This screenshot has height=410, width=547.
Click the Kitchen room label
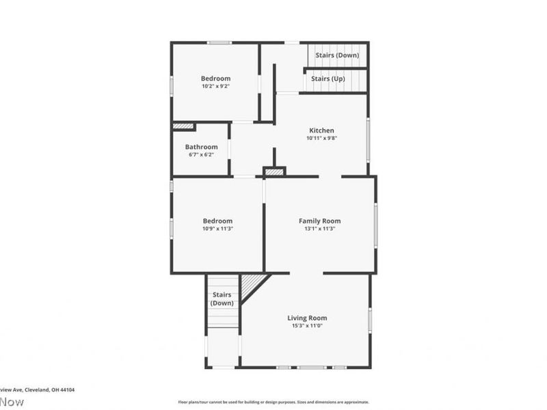pos(321,131)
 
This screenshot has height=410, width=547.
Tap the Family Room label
pos(319,221)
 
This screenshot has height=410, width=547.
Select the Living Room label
pos(306,318)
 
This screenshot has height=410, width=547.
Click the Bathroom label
pos(201,147)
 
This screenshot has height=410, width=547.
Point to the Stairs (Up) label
pos(328,79)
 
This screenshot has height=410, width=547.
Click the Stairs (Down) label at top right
pos(338,55)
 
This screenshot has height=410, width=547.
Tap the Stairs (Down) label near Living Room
pos(222,299)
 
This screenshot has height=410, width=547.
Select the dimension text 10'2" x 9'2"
pos(215,86)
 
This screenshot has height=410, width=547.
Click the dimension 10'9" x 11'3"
pos(217,229)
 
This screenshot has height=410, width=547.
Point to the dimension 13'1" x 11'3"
pos(319,229)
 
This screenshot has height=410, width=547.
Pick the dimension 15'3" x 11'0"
pos(306,326)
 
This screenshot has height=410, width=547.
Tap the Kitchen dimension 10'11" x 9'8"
pos(321,139)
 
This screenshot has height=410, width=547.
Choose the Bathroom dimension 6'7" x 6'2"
pos(201,155)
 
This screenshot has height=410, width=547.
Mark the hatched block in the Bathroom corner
pos(183,126)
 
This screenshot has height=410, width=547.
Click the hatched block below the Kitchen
pos(274,172)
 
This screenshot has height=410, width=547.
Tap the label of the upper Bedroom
pos(215,78)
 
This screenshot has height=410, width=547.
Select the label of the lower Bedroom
pos(217,221)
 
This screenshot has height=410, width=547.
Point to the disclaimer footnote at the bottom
pos(273,402)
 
